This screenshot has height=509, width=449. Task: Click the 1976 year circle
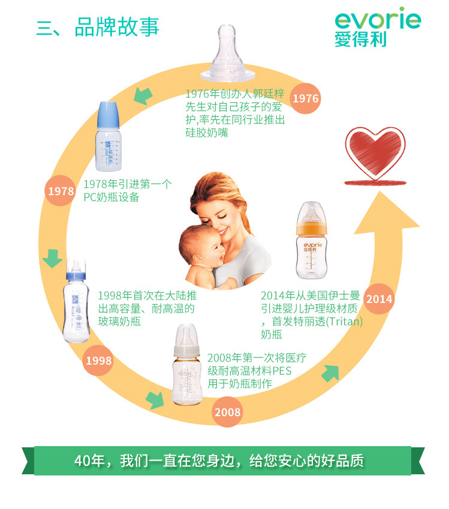(306, 98)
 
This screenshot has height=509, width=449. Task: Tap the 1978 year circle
(61, 191)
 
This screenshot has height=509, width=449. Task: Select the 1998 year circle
(98, 360)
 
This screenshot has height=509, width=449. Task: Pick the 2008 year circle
(227, 412)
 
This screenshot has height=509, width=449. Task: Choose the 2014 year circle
(379, 299)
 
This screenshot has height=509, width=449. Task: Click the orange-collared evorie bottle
(312, 243)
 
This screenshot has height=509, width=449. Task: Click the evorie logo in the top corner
(377, 27)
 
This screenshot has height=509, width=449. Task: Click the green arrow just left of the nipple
(141, 95)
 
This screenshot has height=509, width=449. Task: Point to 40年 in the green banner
(89, 461)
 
